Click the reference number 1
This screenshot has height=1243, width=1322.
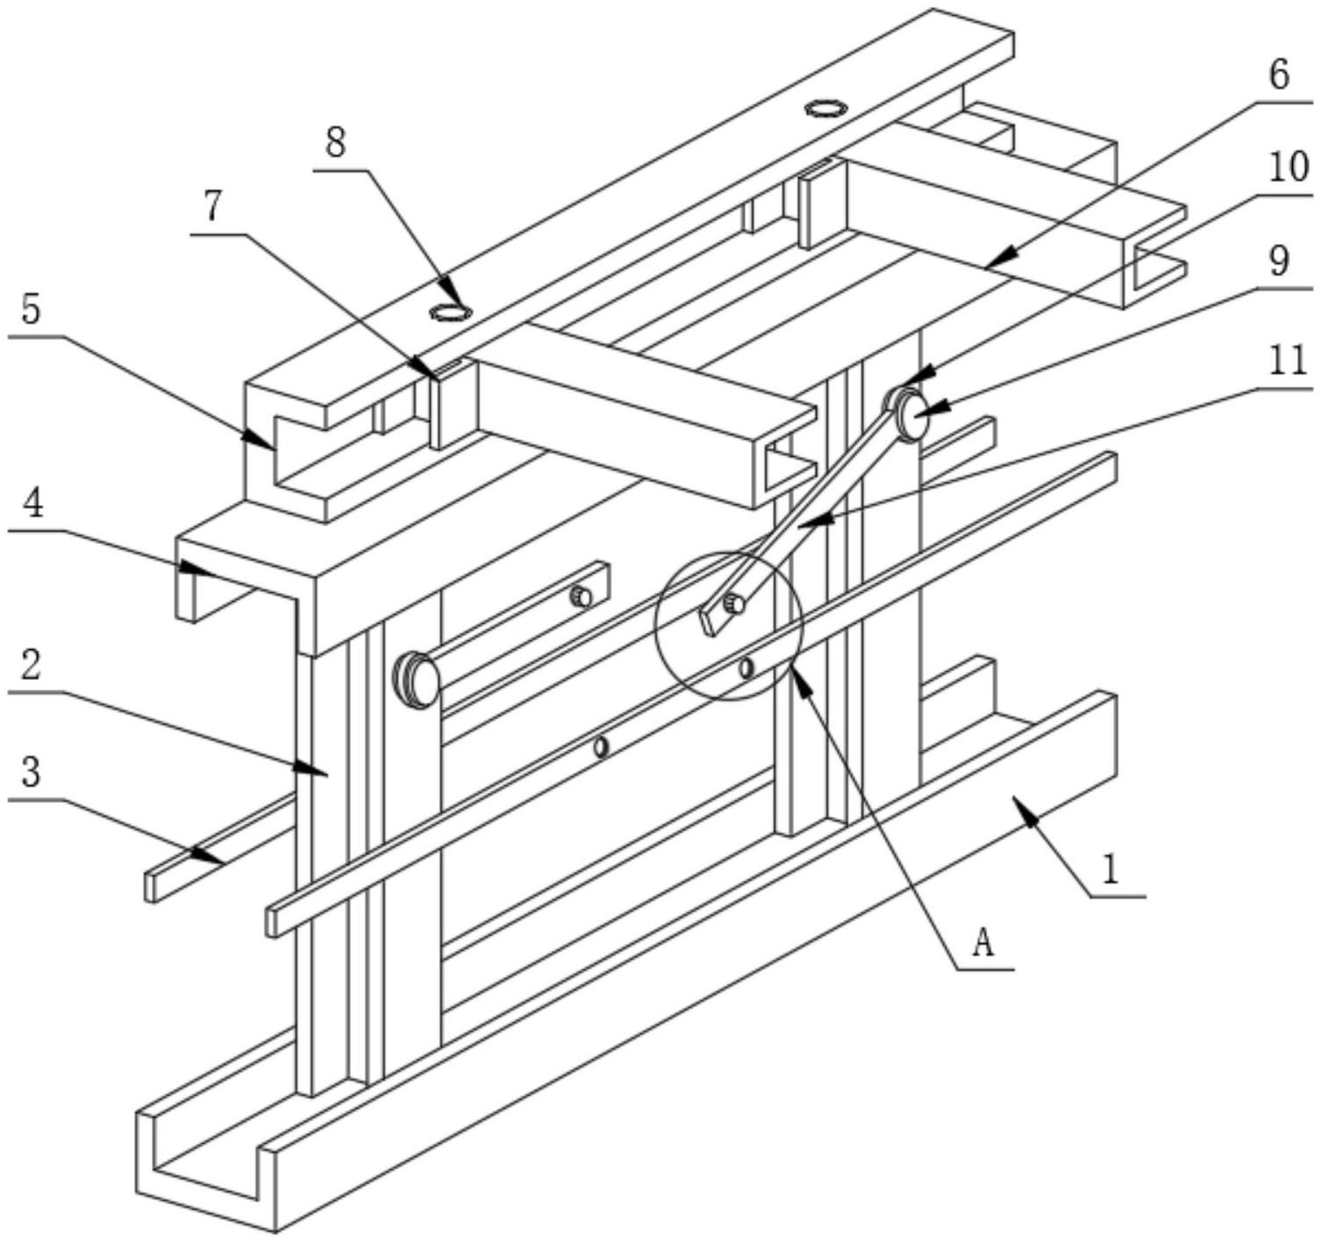point(1111,870)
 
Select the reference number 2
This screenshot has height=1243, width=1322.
point(32,667)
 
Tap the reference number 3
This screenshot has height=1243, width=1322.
point(32,775)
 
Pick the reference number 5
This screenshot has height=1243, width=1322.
point(32,311)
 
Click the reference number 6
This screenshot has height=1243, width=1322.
point(1280,75)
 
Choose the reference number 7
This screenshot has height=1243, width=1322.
point(214,206)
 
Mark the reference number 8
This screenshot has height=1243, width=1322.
point(336,143)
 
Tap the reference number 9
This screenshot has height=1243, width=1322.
point(1280,261)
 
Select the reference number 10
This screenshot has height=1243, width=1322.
point(1288,167)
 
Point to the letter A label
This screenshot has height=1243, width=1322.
point(983,944)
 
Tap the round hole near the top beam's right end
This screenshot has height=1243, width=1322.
point(825,109)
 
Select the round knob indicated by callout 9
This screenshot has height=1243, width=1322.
point(913,416)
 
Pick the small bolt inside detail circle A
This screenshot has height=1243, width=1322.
point(732,604)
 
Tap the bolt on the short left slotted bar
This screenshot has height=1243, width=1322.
point(580,597)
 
